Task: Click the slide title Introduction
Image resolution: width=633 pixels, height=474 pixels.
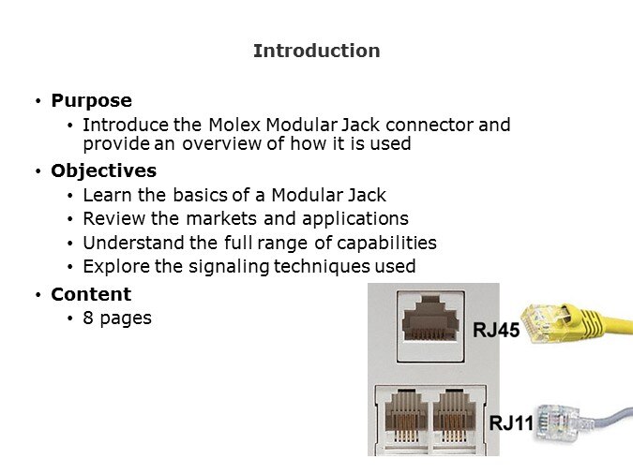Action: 317,51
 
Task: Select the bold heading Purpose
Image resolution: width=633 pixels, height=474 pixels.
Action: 91,101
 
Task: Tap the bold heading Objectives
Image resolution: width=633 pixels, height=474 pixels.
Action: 104,171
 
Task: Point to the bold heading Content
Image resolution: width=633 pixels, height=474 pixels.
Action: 91,294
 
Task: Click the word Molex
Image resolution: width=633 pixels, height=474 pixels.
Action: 234,125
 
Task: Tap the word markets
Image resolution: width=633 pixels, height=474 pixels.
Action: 221,218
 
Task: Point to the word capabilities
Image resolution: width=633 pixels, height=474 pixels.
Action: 386,244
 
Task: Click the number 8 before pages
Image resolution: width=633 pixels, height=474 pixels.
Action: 88,318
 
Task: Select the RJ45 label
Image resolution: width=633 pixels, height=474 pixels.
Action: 496,330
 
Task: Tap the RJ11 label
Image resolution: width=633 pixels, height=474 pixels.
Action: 511,423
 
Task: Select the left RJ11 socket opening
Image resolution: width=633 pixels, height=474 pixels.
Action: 405,416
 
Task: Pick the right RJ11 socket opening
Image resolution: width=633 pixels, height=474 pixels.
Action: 455,416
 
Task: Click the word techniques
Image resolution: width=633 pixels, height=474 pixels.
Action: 322,267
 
